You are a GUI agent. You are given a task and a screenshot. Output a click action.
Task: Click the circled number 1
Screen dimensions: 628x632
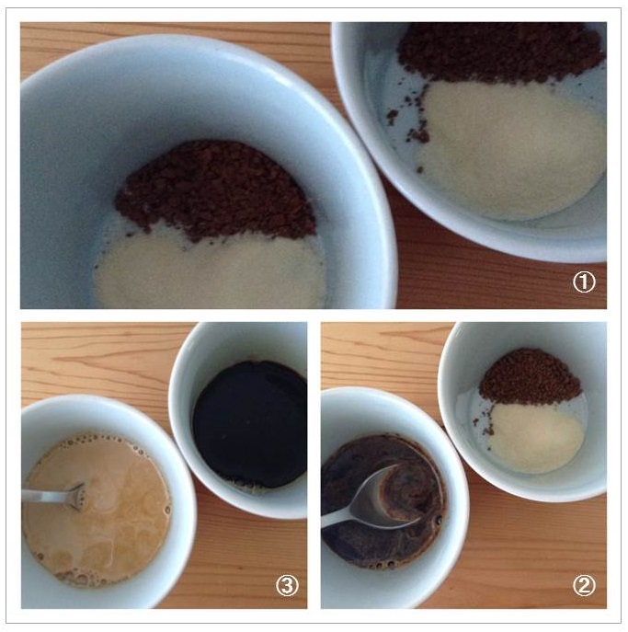pyautogui.click(x=584, y=282)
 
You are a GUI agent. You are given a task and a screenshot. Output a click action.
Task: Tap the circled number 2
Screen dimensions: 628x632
pyautogui.click(x=584, y=585)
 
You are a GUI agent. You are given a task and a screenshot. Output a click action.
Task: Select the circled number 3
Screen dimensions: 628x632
pyautogui.click(x=287, y=585)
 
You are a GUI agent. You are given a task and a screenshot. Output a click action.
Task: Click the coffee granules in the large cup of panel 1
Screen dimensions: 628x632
pyautogui.click(x=215, y=190)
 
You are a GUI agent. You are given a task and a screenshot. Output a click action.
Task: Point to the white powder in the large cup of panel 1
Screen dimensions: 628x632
pyautogui.click(x=210, y=270)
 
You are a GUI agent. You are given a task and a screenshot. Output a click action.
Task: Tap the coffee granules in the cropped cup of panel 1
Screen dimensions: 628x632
pyautogui.click(x=499, y=52)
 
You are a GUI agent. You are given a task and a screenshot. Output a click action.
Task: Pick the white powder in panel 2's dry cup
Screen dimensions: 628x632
pyautogui.click(x=536, y=437)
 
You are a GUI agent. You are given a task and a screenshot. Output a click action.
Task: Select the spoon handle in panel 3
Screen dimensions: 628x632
pyautogui.click(x=45, y=495)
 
